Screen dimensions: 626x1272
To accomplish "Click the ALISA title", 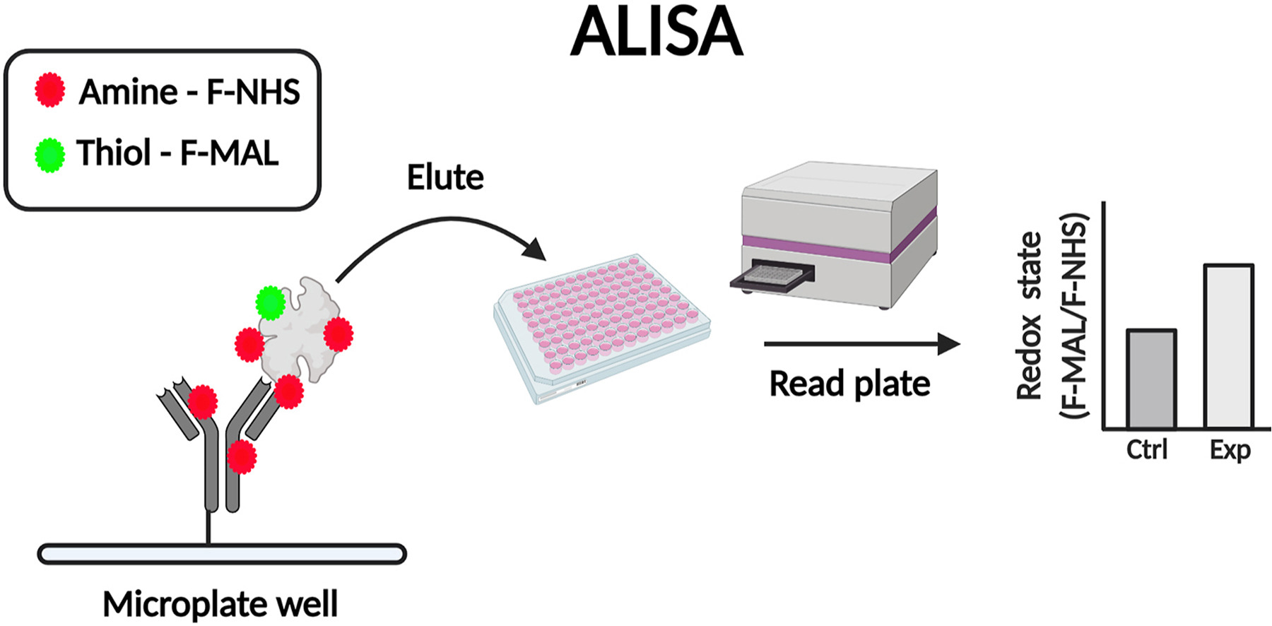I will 656,33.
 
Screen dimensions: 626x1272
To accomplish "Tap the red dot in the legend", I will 49,90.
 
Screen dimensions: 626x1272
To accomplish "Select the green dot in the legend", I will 49,155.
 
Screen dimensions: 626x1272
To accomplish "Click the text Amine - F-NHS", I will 189,92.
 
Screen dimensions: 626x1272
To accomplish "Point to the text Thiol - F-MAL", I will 177,153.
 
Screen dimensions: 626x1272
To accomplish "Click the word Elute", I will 445,177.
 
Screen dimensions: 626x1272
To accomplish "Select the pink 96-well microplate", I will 601,325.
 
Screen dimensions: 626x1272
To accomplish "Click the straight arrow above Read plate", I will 862,345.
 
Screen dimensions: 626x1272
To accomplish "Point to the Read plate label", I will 849,384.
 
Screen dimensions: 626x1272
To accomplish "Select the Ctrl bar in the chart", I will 1151,379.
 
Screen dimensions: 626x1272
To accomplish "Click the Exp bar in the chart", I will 1228,346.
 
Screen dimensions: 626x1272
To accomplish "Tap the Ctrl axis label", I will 1146,450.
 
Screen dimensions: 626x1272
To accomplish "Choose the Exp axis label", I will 1230,450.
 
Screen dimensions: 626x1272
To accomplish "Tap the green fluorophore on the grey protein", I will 270,302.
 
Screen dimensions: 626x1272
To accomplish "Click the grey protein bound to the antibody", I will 300,332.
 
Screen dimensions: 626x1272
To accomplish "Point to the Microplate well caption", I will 220,604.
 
